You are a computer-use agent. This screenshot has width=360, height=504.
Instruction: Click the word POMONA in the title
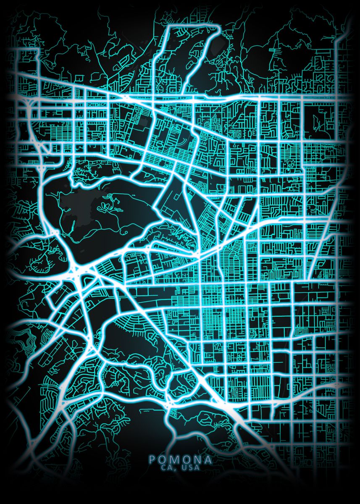click(180, 459)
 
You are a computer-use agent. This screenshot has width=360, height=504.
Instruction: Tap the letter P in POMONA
click(152, 459)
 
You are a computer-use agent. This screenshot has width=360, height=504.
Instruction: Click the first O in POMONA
click(163, 459)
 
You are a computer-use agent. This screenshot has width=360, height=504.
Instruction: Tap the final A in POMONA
click(208, 459)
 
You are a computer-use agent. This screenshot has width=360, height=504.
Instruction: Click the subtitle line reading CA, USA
click(180, 467)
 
